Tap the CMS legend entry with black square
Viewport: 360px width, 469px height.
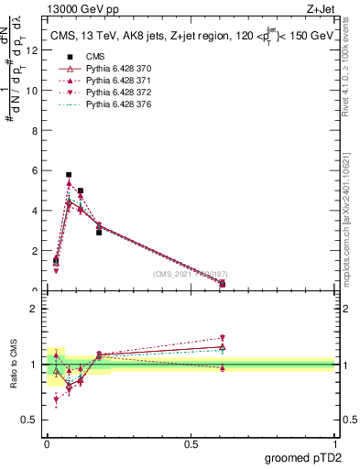point(93,57)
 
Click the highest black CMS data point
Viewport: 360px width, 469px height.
point(69,174)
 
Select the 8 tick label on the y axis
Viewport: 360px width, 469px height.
point(36,131)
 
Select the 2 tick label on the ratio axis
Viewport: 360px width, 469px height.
point(36,309)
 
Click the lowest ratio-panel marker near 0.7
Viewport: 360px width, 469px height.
point(56,399)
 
